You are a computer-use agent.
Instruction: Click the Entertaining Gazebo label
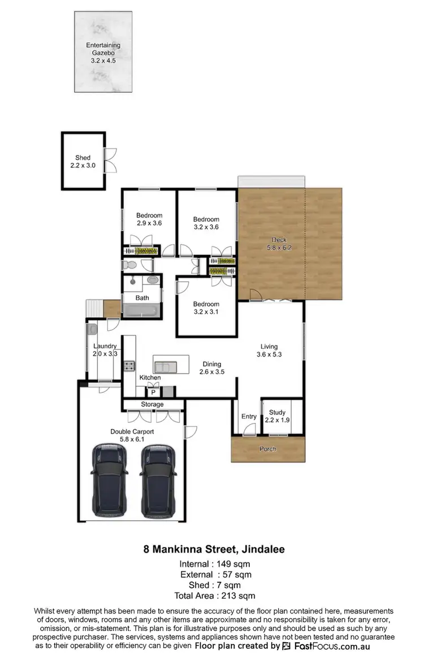pos(103,52)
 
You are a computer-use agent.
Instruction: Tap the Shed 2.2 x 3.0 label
pos(83,162)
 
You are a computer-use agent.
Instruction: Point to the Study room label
pos(277,416)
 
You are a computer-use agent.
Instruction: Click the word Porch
pos(267,449)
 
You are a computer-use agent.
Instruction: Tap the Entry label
pos(249,417)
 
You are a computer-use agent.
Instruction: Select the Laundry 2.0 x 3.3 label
pos(105,350)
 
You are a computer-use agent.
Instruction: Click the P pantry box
pos(153,391)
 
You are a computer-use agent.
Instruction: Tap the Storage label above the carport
pos(153,404)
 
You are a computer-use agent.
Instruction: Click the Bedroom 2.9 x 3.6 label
pos(149,219)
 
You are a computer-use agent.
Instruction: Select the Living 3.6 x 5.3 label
pos(269,351)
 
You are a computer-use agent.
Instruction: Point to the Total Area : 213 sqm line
pos(215,595)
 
